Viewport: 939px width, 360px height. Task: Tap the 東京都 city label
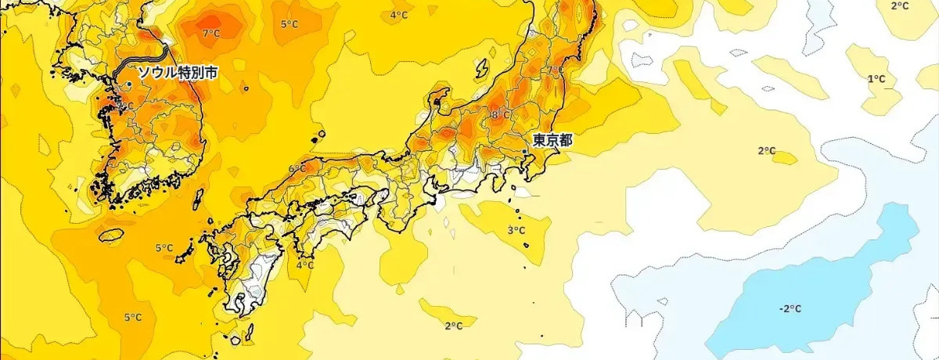pyautogui.click(x=552, y=141)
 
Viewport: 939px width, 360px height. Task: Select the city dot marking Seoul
pyautogui.click(x=129, y=84)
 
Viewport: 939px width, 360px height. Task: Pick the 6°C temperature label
pyautogui.click(x=297, y=169)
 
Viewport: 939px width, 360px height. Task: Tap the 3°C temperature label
pyautogui.click(x=516, y=231)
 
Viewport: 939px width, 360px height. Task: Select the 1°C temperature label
pyautogui.click(x=876, y=79)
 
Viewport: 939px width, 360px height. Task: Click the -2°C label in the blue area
pyautogui.click(x=790, y=308)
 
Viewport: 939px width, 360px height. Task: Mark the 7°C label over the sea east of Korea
pyautogui.click(x=210, y=34)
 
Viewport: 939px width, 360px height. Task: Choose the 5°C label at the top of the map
pyautogui.click(x=290, y=24)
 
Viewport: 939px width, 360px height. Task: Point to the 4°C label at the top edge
pyautogui.click(x=399, y=15)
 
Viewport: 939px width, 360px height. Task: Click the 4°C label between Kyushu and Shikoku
pyautogui.click(x=305, y=265)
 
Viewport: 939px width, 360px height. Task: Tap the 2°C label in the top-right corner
pyautogui.click(x=900, y=6)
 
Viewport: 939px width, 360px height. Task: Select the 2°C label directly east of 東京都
pyautogui.click(x=766, y=151)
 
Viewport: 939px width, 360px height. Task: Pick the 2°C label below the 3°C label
pyautogui.click(x=453, y=326)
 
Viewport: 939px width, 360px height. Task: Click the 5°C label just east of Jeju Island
pyautogui.click(x=164, y=249)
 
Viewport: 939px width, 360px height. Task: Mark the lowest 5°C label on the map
pyautogui.click(x=133, y=317)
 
